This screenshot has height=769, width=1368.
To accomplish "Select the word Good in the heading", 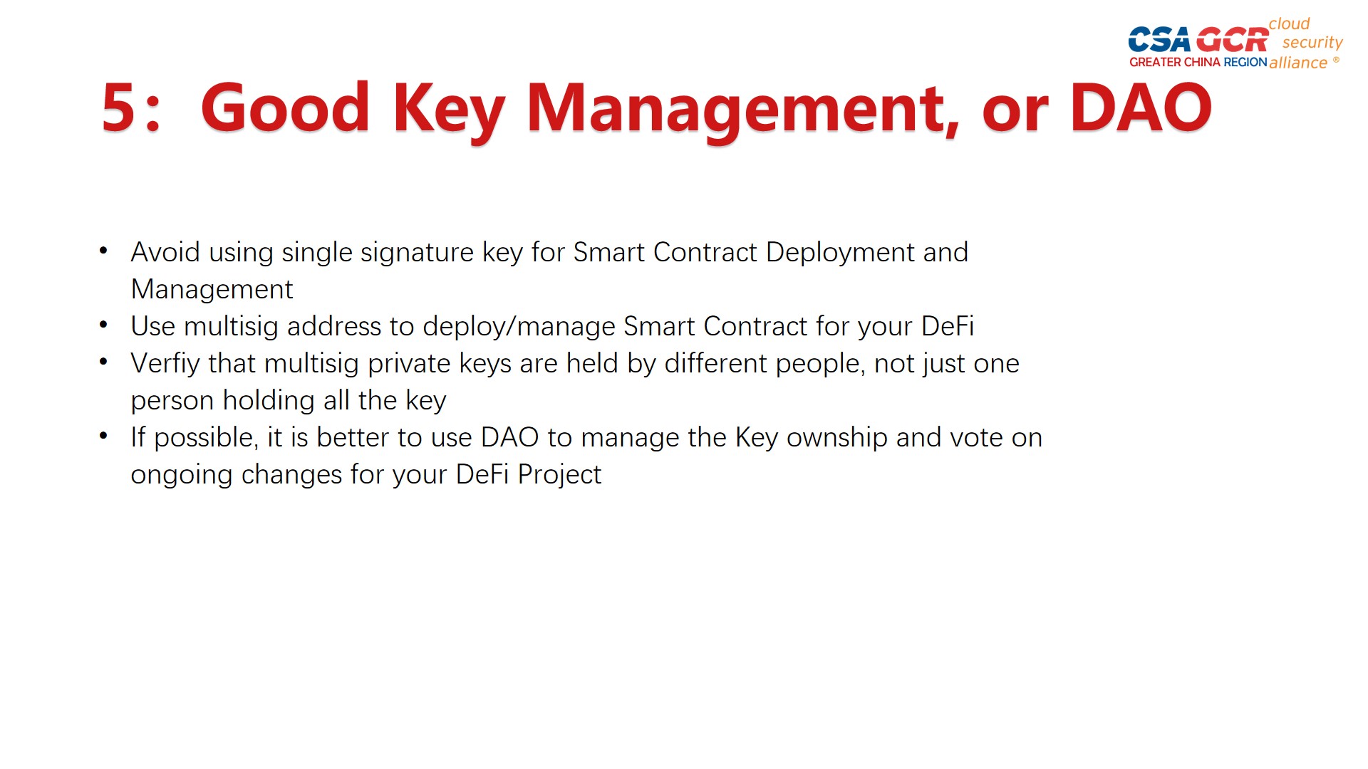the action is click(x=285, y=108).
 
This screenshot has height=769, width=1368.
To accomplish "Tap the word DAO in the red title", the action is click(x=1141, y=108).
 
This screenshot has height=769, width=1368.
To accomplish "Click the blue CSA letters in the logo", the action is click(x=1159, y=40).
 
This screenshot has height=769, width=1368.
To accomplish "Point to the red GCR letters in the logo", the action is click(x=1232, y=40).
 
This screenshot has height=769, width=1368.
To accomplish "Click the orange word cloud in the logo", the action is click(x=1289, y=23).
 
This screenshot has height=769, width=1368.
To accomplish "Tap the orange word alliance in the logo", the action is click(x=1298, y=63).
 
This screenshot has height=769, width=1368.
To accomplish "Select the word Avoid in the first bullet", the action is click(x=165, y=252).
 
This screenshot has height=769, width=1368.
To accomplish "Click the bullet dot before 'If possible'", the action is click(x=104, y=435).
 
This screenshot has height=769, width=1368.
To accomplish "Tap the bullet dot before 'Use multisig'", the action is click(x=104, y=324).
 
